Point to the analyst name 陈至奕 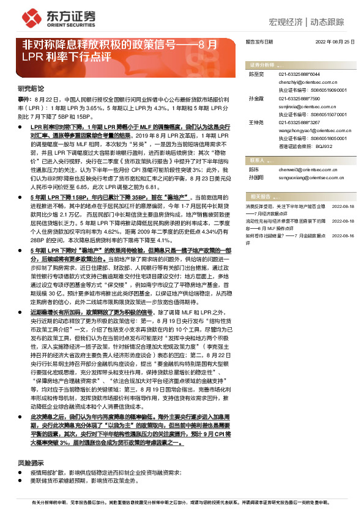point(256,73)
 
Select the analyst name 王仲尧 point(256,123)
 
